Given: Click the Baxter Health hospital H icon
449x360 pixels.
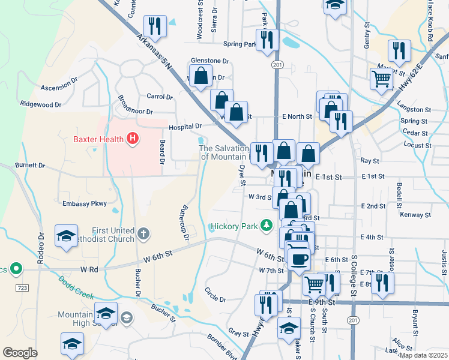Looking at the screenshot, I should [x=133, y=140].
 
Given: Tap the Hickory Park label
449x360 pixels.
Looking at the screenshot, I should [x=234, y=226].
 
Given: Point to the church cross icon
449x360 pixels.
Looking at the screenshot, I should [x=142, y=232].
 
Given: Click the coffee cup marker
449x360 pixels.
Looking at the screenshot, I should [x=298, y=259].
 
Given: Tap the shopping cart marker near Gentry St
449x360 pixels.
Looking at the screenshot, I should [x=382, y=79].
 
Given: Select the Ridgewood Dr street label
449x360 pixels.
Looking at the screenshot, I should [x=41, y=104].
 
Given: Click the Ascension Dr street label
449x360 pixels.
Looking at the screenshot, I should [x=59, y=88].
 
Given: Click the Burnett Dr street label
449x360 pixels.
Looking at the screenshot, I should [x=30, y=165].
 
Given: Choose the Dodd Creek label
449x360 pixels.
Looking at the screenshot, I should [x=77, y=286].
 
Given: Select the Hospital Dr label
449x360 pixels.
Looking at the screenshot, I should [x=185, y=127].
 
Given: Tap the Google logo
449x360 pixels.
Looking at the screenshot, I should [x=20, y=353].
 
